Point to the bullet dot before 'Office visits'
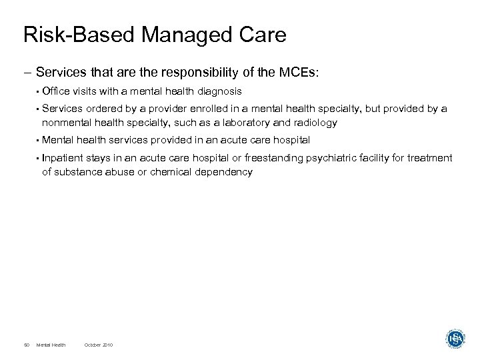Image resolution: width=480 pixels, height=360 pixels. click(37, 91)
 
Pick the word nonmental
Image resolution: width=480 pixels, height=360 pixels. click(67, 123)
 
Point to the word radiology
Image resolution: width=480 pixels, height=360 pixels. click(315, 123)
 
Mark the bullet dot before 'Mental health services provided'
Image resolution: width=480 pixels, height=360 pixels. click(37, 140)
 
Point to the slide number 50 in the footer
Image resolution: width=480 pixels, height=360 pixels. click(26, 344)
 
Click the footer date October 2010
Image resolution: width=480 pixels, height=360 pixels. click(99, 344)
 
